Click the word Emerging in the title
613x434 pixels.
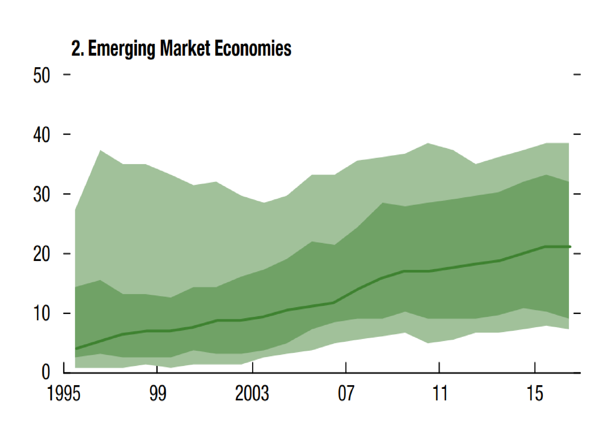tap(121, 49)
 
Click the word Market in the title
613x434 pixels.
tap(185, 49)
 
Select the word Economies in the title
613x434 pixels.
tap(253, 49)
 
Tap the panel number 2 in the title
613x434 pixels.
tap(76, 49)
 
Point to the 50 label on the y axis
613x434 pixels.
tap(41, 75)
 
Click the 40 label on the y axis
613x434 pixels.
tap(41, 135)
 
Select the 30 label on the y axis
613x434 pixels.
tap(41, 195)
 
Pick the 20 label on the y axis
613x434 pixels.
tap(41, 254)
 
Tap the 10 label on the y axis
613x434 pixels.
tap(41, 314)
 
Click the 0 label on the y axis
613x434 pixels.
tap(46, 372)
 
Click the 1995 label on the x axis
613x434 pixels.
tap(63, 394)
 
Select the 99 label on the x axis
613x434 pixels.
tap(158, 394)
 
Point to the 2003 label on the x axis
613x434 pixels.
tap(252, 394)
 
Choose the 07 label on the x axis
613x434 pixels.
tap(346, 394)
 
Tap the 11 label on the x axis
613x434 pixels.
tap(440, 394)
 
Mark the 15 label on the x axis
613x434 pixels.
tap(535, 394)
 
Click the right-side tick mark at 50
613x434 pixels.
tap(577, 75)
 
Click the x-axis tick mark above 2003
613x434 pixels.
tap(252, 368)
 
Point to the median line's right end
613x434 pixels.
tap(569, 247)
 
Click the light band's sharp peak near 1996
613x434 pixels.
tap(100, 151)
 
